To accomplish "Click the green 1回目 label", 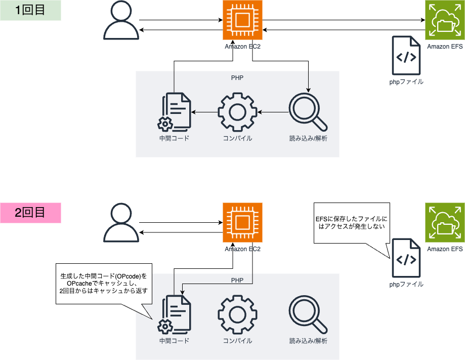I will coord(30,10).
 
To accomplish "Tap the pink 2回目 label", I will coord(30,213).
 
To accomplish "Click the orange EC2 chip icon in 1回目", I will coord(242,20).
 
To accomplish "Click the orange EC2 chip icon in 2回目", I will coord(242,223).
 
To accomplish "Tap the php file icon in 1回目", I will coord(406,56).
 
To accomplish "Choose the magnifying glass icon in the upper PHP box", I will coord(308,112).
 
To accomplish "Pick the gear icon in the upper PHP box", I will coord(238,112).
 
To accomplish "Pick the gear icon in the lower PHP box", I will coord(238,314).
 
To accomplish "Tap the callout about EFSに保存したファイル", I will coord(350,223).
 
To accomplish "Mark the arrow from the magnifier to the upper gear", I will coord(273,112).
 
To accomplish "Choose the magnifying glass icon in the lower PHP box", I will coord(308,314).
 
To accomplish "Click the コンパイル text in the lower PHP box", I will coord(238,341).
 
